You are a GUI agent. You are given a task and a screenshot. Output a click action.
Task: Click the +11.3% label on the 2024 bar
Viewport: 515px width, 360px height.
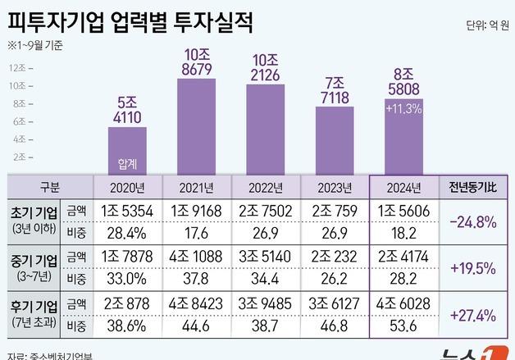coord(403,108)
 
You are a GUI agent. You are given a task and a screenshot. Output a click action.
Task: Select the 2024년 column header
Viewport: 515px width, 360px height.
coord(403,187)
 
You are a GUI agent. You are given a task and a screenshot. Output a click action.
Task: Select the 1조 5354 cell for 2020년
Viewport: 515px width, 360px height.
coord(128,211)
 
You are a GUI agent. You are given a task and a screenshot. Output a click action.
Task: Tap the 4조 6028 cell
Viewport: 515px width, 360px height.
coord(403,305)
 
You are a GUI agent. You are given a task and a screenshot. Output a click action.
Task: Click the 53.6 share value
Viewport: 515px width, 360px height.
coord(403,326)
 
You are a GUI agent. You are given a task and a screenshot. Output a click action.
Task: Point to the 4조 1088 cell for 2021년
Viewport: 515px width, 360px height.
coord(198,257)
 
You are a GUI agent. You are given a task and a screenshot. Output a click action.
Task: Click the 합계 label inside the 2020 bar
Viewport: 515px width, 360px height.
coord(128,164)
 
